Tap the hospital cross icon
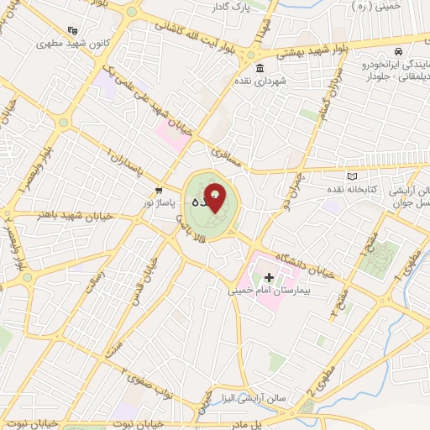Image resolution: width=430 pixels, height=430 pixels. click(269, 277)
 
